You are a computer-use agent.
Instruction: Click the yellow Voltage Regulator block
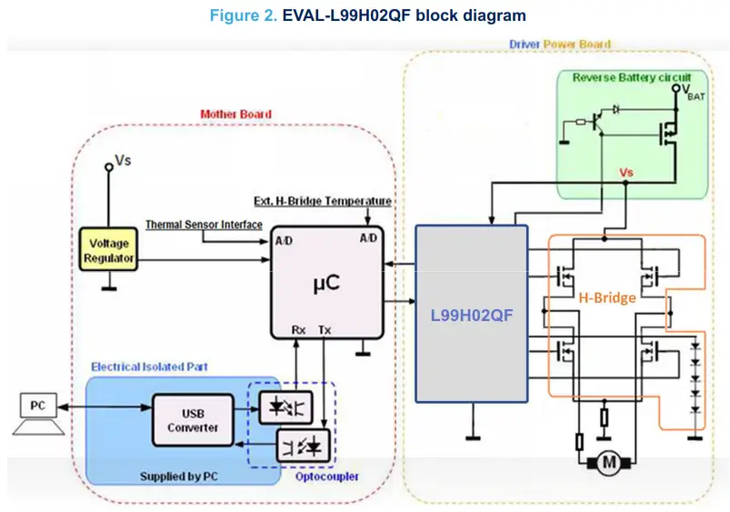coord(109,251)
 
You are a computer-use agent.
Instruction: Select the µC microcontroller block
coord(325,283)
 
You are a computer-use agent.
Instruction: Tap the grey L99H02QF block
coord(471,314)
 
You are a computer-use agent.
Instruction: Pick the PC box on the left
coord(37,406)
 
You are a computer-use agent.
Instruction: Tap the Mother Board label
coord(235,114)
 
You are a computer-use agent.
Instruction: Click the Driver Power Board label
coord(559,44)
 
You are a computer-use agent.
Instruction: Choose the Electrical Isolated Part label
coord(149,366)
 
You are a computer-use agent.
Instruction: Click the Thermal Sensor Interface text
coord(204,225)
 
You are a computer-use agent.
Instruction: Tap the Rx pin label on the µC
coord(298,330)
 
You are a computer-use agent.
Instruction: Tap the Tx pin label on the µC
coord(325,330)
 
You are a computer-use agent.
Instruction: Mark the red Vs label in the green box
coord(626,173)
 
